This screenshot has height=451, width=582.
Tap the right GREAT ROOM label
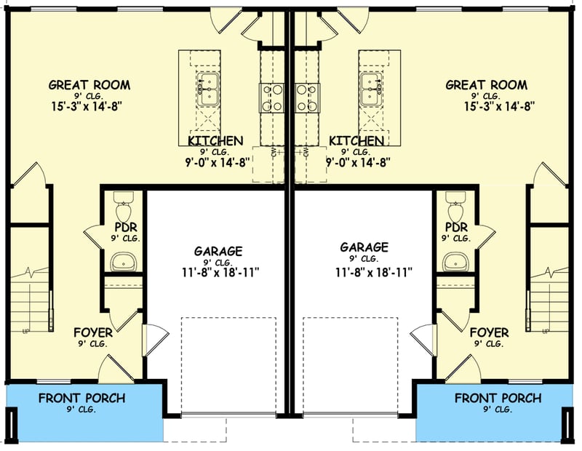487,85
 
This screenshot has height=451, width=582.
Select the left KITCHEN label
215,140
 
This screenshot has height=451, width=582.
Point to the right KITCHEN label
356,140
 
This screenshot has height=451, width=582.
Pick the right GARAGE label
364,247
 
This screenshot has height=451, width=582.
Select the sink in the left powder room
123,260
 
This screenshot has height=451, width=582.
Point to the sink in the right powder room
455,260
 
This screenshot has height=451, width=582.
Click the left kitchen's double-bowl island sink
208,89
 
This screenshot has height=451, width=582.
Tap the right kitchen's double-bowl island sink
370,89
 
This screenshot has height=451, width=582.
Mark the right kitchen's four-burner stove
306,97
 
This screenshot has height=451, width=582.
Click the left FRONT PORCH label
81,399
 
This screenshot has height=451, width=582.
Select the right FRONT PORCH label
498,399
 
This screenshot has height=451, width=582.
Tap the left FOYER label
93,333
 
